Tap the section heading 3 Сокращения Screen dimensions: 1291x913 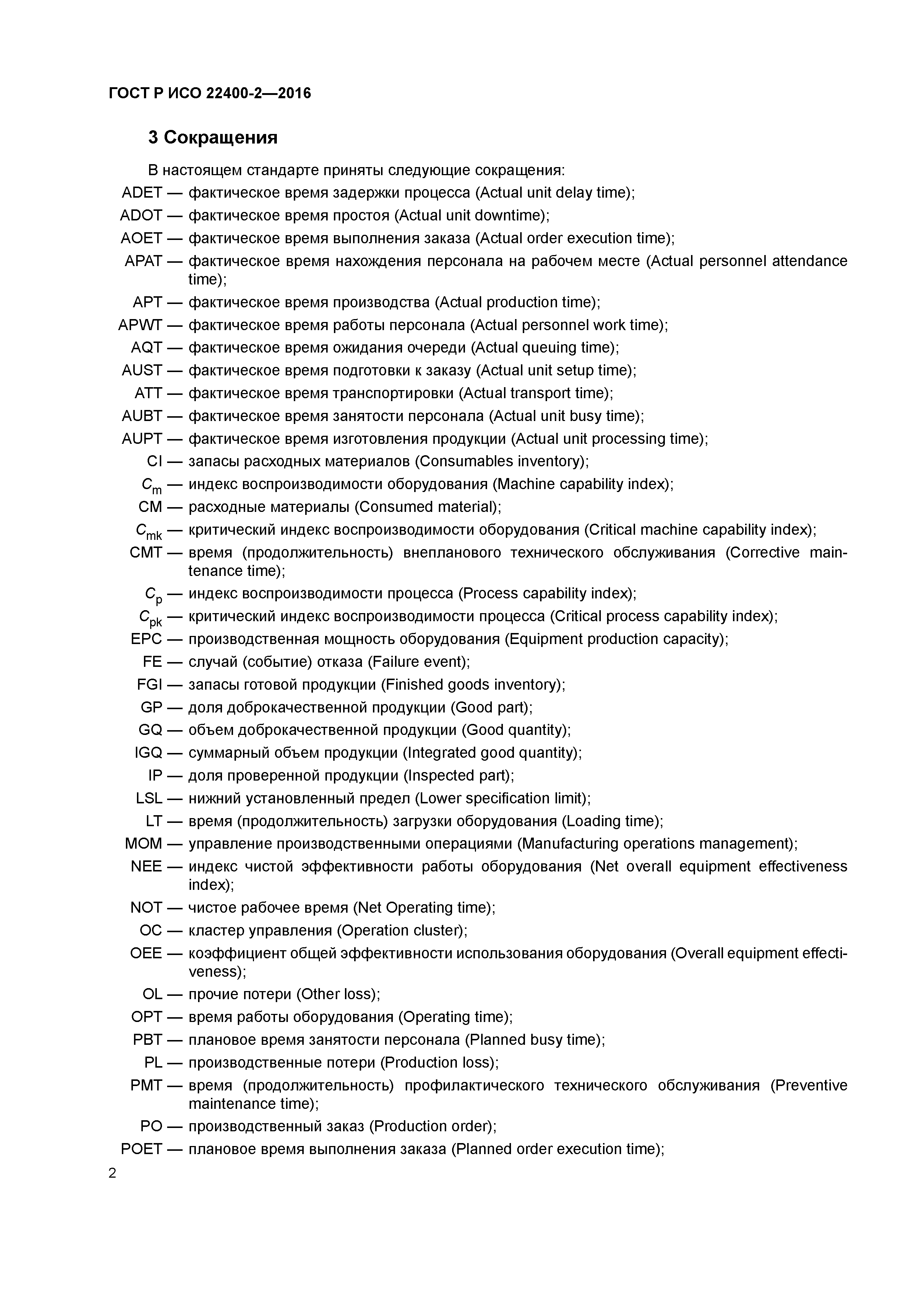(x=213, y=138)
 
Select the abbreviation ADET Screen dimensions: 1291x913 (x=142, y=193)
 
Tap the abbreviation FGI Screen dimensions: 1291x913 (x=149, y=685)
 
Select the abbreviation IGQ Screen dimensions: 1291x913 (x=148, y=753)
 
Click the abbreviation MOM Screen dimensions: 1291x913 (x=144, y=844)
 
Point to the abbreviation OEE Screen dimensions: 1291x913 (x=146, y=953)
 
